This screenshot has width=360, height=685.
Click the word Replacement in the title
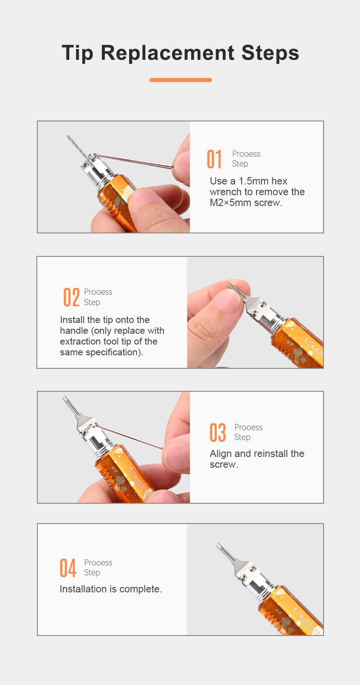coord(167,53)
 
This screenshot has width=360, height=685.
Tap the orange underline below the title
coord(180,80)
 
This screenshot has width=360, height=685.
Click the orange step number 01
coord(214,159)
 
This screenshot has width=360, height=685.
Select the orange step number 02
coord(71,297)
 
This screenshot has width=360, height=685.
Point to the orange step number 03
coord(218,432)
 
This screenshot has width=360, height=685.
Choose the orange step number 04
coord(68,568)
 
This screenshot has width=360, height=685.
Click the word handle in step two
coord(74,331)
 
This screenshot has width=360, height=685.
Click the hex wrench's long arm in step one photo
coord(133,161)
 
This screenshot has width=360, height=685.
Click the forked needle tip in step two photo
coord(236,290)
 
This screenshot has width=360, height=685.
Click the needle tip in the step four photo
coord(225,552)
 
